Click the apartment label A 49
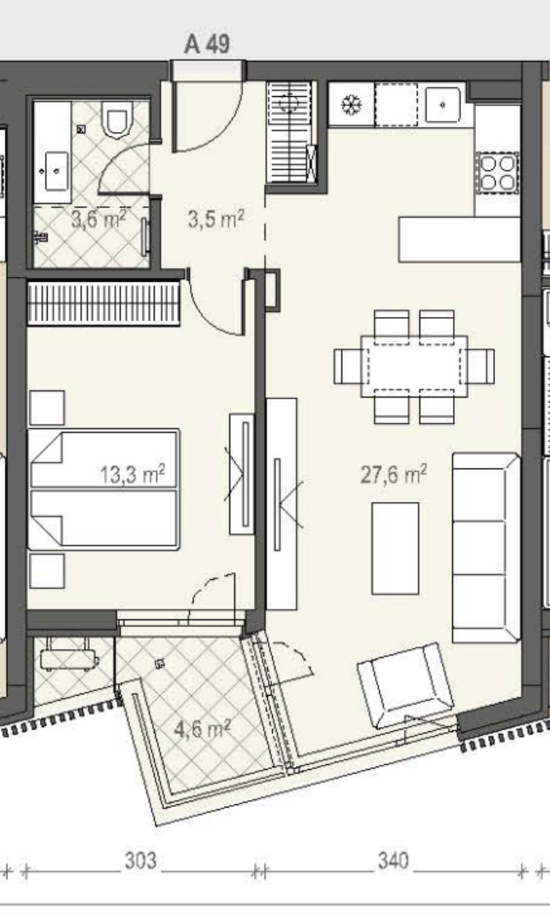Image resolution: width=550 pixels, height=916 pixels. pyautogui.click(x=207, y=44)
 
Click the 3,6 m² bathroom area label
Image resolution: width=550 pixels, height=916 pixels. pyautogui.click(x=98, y=220)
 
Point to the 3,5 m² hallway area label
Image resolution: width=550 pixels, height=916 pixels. pyautogui.click(x=215, y=219)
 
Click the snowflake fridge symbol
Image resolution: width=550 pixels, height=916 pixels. pyautogui.click(x=351, y=106)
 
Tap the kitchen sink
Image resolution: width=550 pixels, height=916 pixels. pyautogui.click(x=442, y=104)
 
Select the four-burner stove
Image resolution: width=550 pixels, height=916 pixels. pyautogui.click(x=497, y=173)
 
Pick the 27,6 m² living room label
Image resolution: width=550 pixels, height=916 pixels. pyautogui.click(x=393, y=474)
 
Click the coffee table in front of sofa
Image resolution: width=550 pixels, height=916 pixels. pyautogui.click(x=395, y=548)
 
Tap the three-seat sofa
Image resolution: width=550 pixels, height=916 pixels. pyautogui.click(x=487, y=547)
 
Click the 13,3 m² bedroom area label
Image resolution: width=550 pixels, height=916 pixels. pyautogui.click(x=132, y=474)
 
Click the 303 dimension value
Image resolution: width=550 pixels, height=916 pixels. pyautogui.click(x=141, y=860)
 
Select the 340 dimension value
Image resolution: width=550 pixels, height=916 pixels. pyautogui.click(x=393, y=860)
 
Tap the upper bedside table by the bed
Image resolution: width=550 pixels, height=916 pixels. pyautogui.click(x=47, y=407)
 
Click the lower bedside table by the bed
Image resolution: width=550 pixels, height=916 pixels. pyautogui.click(x=47, y=571)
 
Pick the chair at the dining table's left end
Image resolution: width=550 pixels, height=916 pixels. pyautogui.click(x=348, y=366)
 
